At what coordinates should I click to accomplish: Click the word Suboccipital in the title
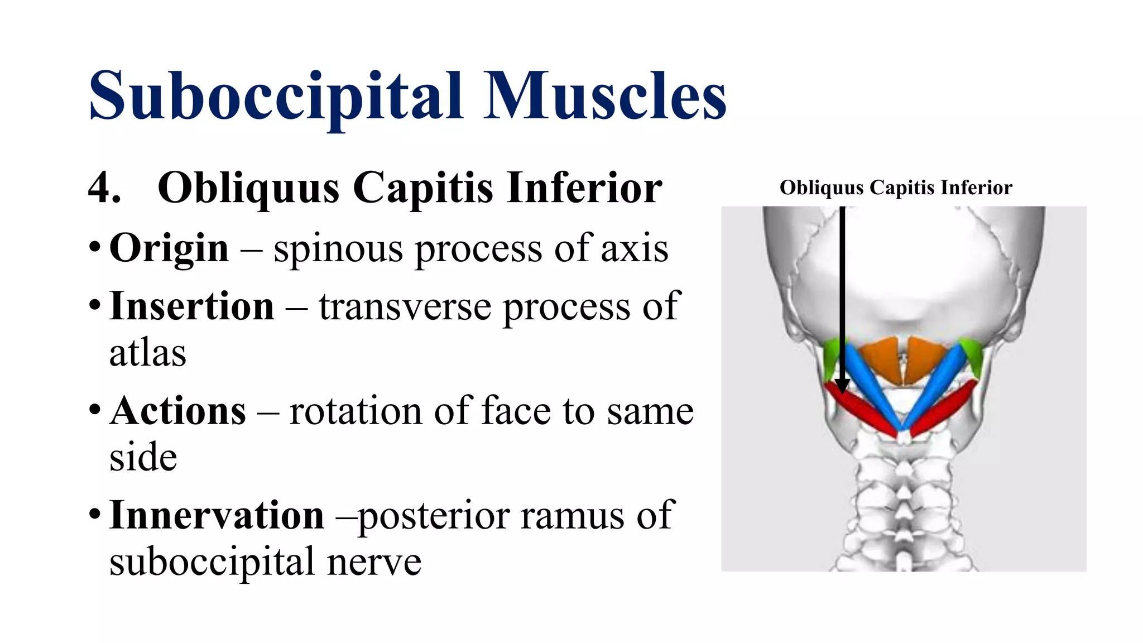click(x=276, y=96)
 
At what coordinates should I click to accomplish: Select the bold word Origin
click(x=169, y=248)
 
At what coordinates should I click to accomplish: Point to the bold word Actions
click(x=177, y=411)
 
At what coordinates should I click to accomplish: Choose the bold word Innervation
click(x=217, y=515)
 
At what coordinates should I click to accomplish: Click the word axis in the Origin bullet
click(x=635, y=249)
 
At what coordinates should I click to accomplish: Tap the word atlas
click(x=147, y=354)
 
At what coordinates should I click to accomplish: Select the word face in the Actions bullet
click(x=517, y=411)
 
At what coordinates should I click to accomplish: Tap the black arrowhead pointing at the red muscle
click(x=842, y=386)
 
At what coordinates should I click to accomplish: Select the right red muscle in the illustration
click(x=943, y=407)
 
